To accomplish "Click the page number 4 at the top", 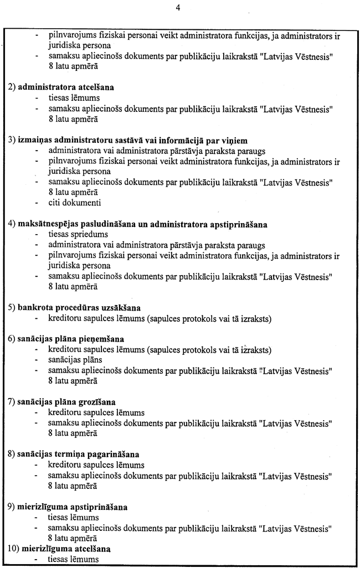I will tap(178, 8).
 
